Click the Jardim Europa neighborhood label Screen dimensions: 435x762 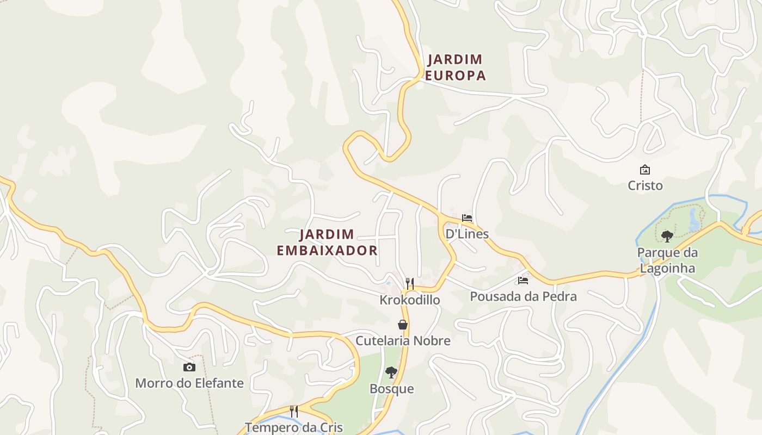pos(455,67)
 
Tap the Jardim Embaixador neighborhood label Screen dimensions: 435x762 pos(327,243)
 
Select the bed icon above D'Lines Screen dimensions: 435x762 pos(467,218)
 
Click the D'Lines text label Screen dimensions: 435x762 pos(467,234)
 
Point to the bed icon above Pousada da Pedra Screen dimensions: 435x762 pos(523,281)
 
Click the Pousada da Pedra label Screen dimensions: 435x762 pos(523,296)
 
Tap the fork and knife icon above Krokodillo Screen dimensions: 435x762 pos(410,283)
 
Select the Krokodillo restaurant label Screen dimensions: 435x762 pos(410,300)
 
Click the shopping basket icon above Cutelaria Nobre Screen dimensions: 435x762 pos(403,325)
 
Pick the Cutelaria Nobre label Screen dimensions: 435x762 pos(403,341)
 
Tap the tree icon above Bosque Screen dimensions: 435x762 pos(391,372)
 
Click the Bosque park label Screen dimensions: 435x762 pos(392,389)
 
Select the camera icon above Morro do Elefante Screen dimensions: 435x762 pos(189,367)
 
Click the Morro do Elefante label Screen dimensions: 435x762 pos(189,383)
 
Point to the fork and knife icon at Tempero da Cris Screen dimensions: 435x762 pos(294,411)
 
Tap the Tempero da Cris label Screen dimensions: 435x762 pos(294,427)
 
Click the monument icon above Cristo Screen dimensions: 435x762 pos(645,170)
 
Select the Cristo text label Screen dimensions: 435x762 pos(645,185)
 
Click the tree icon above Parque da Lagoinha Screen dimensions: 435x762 pos(667,236)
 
